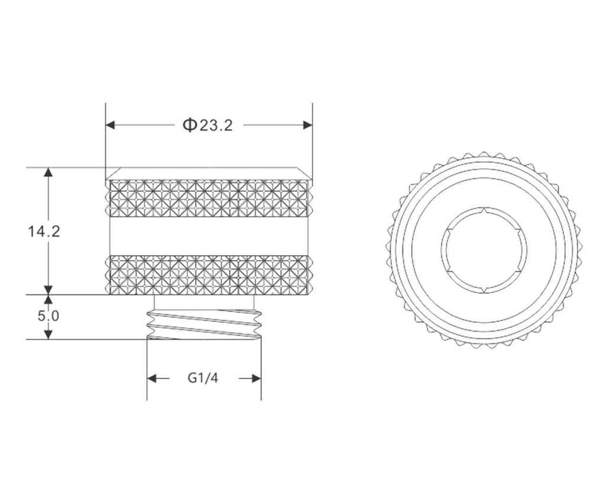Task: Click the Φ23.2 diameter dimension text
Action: pos(208,125)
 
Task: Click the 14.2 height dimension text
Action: pos(44,232)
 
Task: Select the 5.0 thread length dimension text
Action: pos(49,316)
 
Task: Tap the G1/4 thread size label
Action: pos(203,378)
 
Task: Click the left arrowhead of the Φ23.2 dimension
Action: pos(111,125)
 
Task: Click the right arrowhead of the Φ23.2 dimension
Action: pos(308,125)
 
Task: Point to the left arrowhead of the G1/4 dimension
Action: pos(151,378)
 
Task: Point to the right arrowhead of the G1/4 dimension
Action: pos(256,378)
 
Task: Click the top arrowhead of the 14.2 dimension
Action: pos(48,172)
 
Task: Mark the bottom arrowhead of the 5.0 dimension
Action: pos(48,335)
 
